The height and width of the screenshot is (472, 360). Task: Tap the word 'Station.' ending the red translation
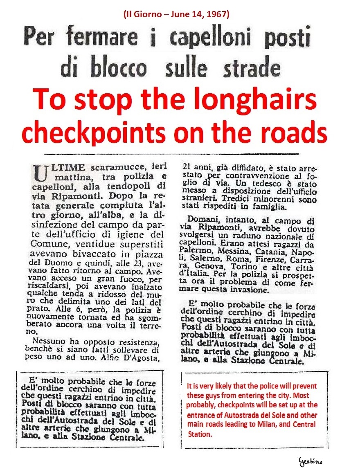coord(200,435)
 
